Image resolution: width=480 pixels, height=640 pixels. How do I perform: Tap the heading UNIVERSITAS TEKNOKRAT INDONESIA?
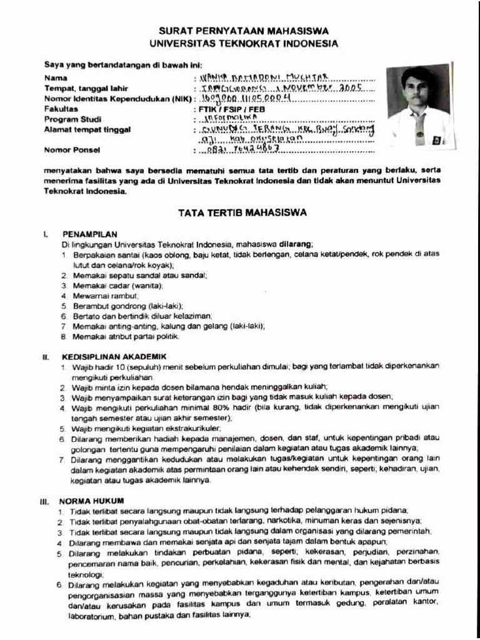(243, 44)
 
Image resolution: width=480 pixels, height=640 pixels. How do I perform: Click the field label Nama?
(54, 78)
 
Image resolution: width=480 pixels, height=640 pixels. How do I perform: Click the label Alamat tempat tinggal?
(87, 129)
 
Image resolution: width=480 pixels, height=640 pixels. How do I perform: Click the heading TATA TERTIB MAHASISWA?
(242, 212)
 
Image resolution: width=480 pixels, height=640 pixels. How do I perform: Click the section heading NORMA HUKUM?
(91, 501)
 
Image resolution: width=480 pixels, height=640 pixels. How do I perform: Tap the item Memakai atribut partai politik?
(126, 336)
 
